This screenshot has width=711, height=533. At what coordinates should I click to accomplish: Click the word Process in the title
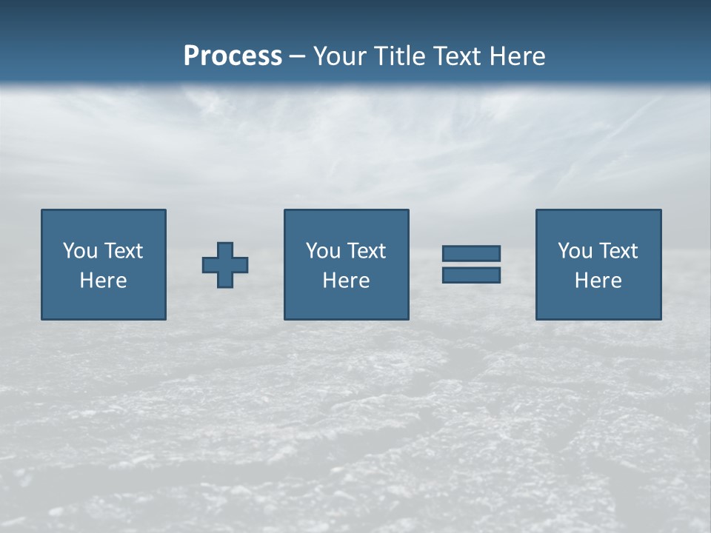[233, 56]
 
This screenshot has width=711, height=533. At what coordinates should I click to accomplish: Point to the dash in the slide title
[298, 57]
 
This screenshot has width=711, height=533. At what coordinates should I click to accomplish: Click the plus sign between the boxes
[225, 264]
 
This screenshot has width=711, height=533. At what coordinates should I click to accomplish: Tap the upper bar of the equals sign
[471, 254]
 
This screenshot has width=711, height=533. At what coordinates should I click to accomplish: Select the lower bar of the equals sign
[471, 275]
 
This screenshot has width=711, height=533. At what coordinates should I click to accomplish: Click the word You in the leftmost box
[80, 251]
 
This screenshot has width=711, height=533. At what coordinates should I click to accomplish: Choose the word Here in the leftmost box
[103, 281]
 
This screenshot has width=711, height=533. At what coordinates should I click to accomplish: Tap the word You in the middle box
[323, 251]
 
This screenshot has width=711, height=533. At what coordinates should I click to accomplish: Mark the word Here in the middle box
[346, 281]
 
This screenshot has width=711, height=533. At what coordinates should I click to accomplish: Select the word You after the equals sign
[575, 251]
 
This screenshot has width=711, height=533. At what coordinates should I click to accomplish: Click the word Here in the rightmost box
[598, 281]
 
